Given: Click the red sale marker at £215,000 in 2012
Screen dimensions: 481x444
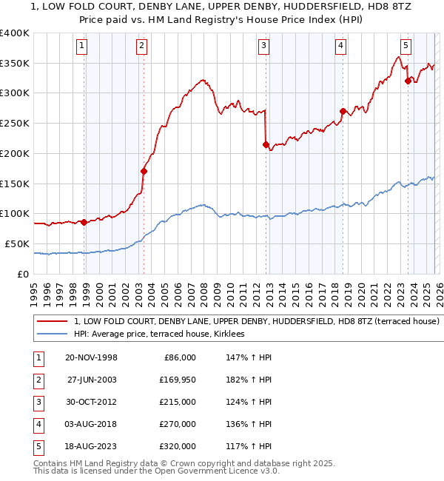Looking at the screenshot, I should tap(266, 145).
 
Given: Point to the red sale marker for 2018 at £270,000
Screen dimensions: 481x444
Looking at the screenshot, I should tap(343, 112).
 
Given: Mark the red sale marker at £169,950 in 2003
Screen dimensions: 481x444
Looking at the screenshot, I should tap(144, 172).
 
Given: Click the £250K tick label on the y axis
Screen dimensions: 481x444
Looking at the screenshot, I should tap(14, 123).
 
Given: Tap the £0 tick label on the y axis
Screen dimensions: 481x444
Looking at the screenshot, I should tap(22, 273).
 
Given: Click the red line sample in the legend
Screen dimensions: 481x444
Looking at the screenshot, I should tap(53, 322).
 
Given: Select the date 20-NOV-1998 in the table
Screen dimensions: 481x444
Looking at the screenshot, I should tap(91, 357).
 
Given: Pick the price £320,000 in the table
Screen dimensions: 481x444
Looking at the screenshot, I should tap(178, 446).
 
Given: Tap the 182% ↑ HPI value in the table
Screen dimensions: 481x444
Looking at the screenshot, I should tap(246, 380).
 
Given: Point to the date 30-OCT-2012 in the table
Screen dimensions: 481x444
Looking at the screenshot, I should tap(91, 402).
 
